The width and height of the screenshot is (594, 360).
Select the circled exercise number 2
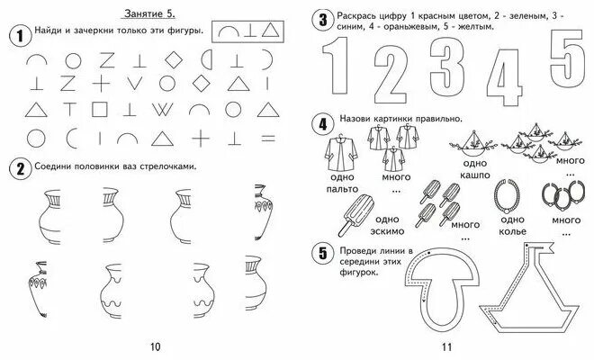point(16,167)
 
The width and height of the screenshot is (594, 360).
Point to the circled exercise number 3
point(321,21)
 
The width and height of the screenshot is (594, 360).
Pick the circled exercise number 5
point(321,253)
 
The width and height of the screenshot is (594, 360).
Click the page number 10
point(154,347)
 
